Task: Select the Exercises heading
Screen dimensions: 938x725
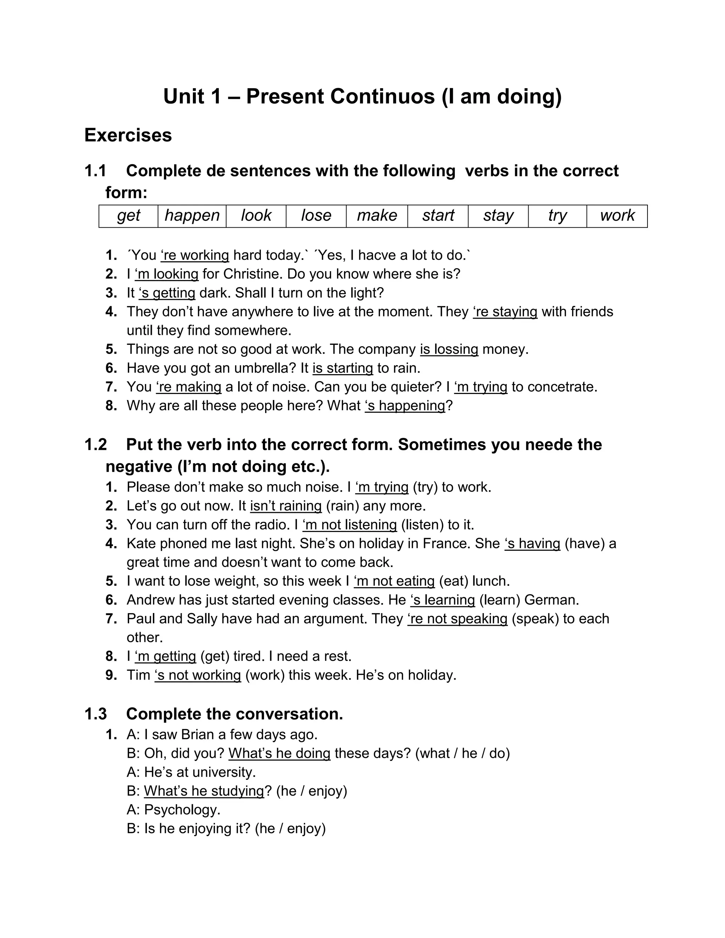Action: tap(128, 135)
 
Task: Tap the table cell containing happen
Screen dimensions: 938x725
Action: tap(192, 216)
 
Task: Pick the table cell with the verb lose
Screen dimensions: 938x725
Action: tap(316, 216)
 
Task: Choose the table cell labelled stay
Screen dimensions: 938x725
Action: tap(498, 216)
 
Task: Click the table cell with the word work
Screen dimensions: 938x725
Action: tap(617, 216)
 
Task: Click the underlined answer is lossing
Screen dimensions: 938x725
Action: tap(449, 349)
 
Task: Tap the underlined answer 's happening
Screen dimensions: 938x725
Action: tap(405, 406)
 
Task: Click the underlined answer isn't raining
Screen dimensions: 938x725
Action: tap(286, 506)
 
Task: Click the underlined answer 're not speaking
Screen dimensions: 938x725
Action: tap(457, 619)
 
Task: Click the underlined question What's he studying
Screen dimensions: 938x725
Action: tap(204, 791)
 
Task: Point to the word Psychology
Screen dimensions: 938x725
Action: tap(181, 810)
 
